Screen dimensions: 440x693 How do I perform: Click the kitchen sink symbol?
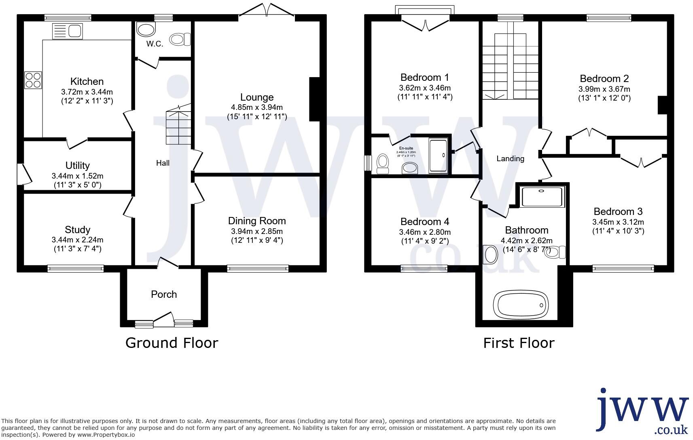(x=67, y=31)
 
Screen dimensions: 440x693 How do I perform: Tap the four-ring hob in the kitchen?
(x=33, y=80)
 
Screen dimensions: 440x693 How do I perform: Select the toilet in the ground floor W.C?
(x=180, y=39)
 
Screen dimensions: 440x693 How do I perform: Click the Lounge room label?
(x=257, y=97)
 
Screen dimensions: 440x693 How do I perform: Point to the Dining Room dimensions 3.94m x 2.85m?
(x=257, y=232)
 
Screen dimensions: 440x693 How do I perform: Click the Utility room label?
(x=77, y=166)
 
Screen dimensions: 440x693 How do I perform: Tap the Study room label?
(x=77, y=230)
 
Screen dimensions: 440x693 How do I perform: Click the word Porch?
(x=164, y=295)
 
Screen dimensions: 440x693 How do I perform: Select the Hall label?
(x=163, y=163)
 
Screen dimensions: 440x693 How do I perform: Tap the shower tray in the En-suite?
(x=438, y=156)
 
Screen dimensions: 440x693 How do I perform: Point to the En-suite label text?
(x=406, y=148)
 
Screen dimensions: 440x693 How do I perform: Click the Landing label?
(x=510, y=159)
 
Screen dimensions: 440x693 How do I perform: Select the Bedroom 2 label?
(x=604, y=79)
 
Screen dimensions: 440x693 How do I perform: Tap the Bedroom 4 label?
(x=424, y=222)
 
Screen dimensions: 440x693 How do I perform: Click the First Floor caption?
(x=519, y=343)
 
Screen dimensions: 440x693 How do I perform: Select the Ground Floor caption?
(x=172, y=343)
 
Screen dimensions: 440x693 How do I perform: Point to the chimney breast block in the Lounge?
(x=315, y=99)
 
